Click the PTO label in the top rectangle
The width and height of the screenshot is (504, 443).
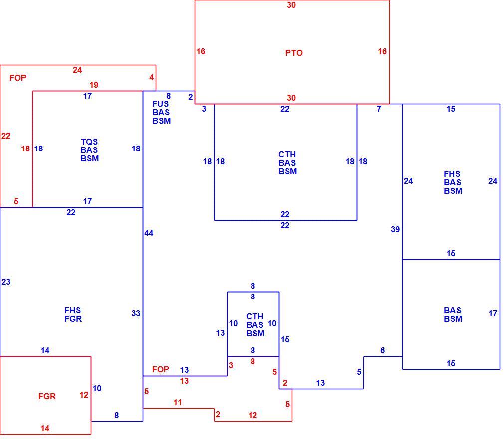coord(294,53)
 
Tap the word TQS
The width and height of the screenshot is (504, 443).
coord(89,142)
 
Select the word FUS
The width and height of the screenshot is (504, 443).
coord(160,104)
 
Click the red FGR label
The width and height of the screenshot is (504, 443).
coord(47,396)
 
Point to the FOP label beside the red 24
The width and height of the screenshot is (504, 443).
coord(17,78)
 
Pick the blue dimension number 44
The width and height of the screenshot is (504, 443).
coord(149,233)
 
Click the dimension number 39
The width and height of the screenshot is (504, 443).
coord(395,229)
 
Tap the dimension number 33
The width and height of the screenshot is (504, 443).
coord(136,313)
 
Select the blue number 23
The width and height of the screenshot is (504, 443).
coord(6,282)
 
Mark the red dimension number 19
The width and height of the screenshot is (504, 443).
coord(94,85)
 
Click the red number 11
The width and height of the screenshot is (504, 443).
coord(178,402)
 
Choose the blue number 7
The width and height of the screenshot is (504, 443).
coord(379,109)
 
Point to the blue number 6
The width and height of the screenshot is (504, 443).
coord(383,350)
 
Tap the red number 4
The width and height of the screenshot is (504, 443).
coord(151,77)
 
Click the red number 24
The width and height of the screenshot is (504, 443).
coord(77,70)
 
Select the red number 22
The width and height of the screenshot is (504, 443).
coord(6,136)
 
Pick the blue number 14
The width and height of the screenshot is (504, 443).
coord(45,350)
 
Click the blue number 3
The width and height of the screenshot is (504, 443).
coord(204,109)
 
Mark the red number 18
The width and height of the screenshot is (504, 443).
coord(25,148)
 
